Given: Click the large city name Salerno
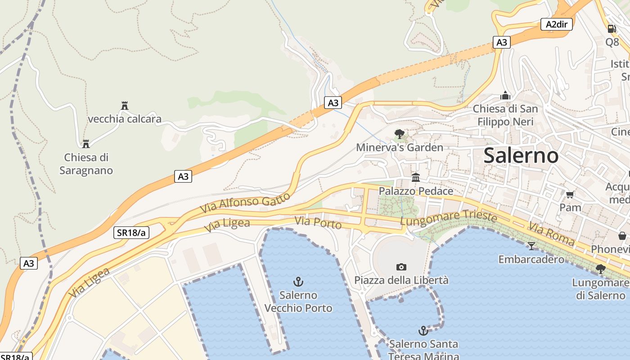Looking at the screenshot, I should coord(521,156).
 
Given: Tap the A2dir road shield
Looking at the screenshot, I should coord(556,24).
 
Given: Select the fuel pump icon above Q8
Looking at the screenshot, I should coord(612,29).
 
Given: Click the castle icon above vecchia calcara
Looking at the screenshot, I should coord(125,106).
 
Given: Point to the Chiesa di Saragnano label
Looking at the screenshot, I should coord(86,164).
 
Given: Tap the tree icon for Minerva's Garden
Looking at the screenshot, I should coord(399,134).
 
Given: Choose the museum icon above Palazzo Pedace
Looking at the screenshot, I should coord(416,178).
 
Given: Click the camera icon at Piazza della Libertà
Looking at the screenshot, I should coord(401,267).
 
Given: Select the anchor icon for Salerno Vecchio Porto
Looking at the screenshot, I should coord(298,282).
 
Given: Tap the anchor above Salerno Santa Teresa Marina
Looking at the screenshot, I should coord(423,331).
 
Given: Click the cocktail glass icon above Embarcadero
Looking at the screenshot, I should coord(531,246).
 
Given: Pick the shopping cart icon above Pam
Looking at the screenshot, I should coord(570,194).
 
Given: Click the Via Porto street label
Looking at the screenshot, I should coord(318,222).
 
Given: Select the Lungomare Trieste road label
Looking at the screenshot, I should coord(448,218).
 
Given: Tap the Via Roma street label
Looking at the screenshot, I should coord(551,234).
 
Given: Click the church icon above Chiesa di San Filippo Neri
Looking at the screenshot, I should coord(505,95).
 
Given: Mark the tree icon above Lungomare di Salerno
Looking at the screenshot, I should coord(600,269).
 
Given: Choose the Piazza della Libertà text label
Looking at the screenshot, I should coord(401,280).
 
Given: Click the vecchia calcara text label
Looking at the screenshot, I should coord(125,119).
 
